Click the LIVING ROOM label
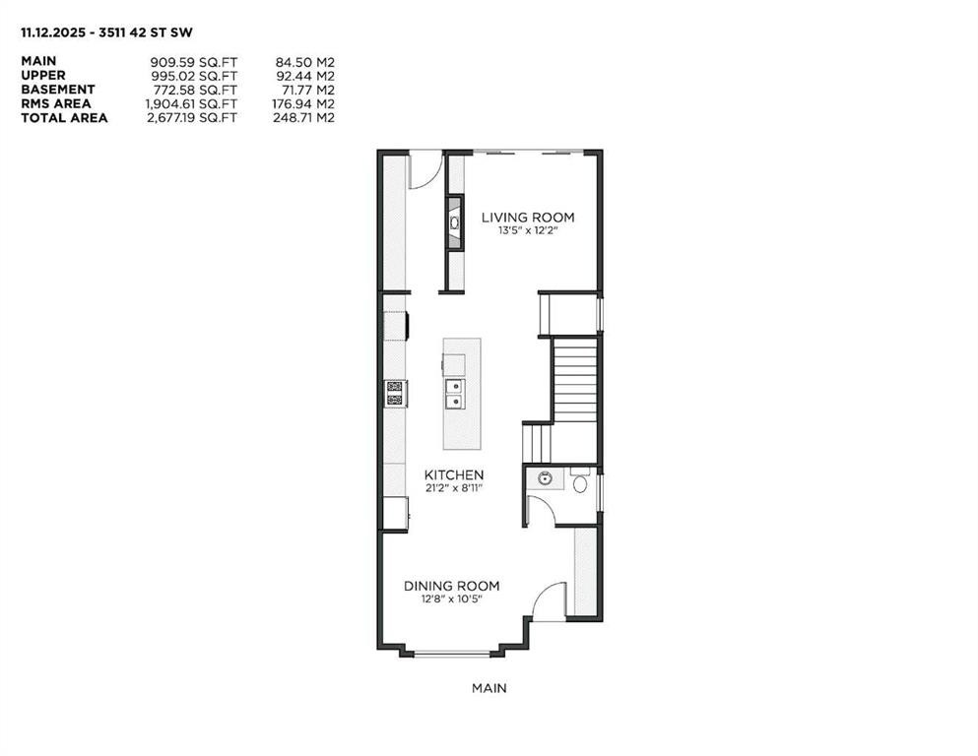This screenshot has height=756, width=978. [x=527, y=218]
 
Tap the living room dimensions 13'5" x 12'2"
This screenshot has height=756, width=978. [x=527, y=231]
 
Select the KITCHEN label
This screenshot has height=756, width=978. [x=454, y=474]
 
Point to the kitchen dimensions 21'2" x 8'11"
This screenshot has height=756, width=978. [x=454, y=487]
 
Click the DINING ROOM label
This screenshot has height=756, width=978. [x=451, y=586]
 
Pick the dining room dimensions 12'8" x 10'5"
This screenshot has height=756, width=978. [x=451, y=598]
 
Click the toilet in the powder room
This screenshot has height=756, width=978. [x=580, y=483]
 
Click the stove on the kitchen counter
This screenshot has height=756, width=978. [x=395, y=394]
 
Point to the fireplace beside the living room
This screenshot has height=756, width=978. [x=454, y=223]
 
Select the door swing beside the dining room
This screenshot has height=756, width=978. [x=551, y=600]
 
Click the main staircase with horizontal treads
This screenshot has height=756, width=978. [x=574, y=380]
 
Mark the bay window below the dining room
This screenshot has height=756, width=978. [x=451, y=652]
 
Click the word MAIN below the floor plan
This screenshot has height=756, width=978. [x=489, y=689]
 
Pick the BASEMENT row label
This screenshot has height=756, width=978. [x=58, y=90]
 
